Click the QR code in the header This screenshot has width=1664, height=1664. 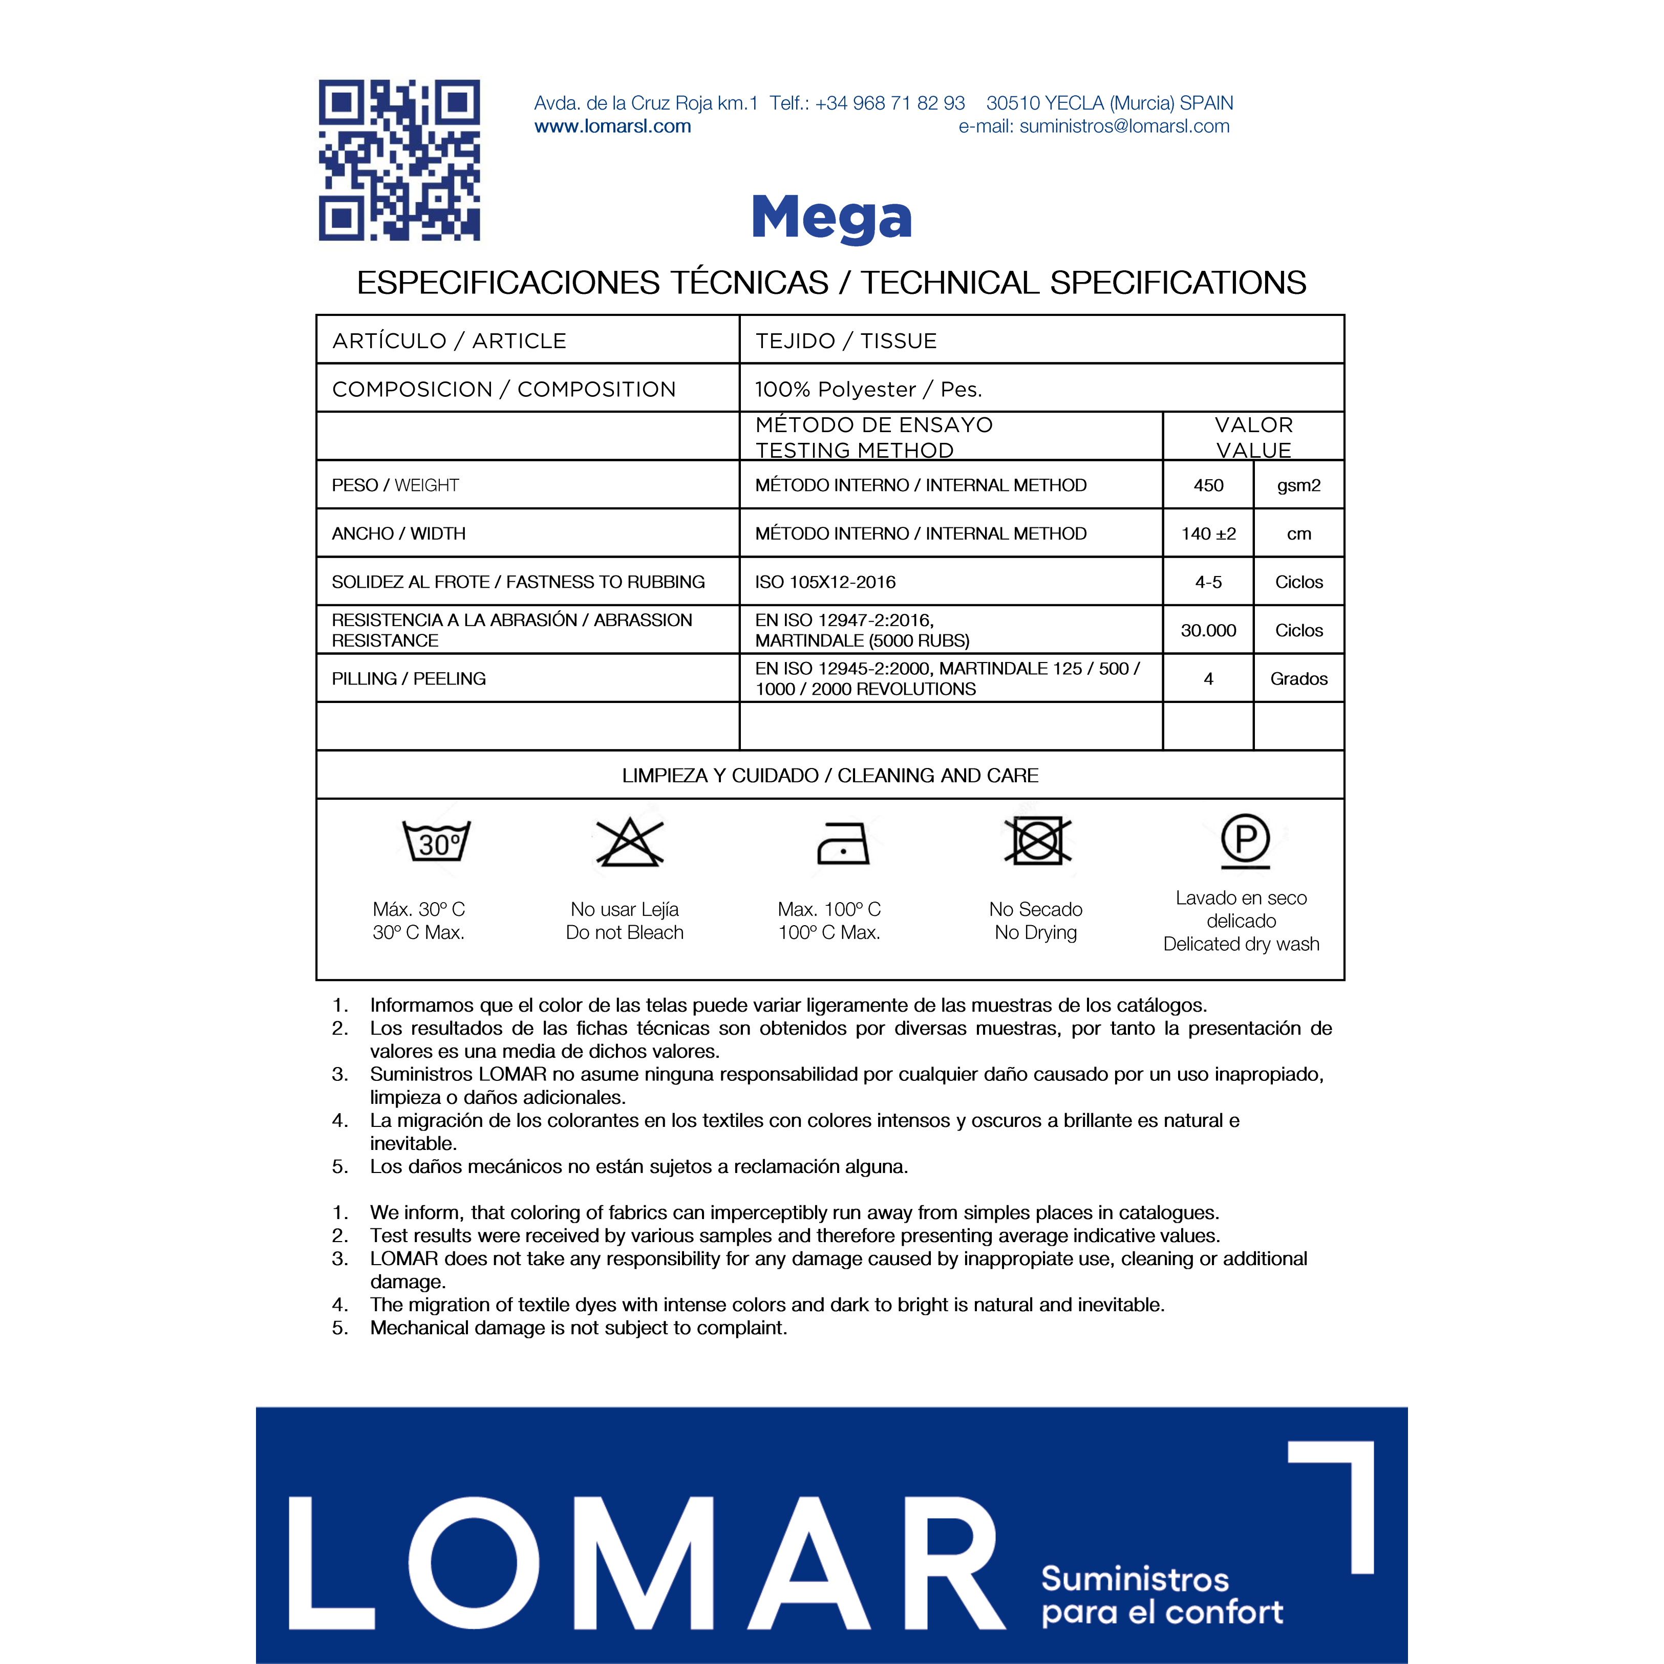click(399, 160)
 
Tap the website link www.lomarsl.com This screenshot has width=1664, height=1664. click(612, 126)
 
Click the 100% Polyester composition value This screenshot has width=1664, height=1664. click(868, 389)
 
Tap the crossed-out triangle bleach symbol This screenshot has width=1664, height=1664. click(630, 842)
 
